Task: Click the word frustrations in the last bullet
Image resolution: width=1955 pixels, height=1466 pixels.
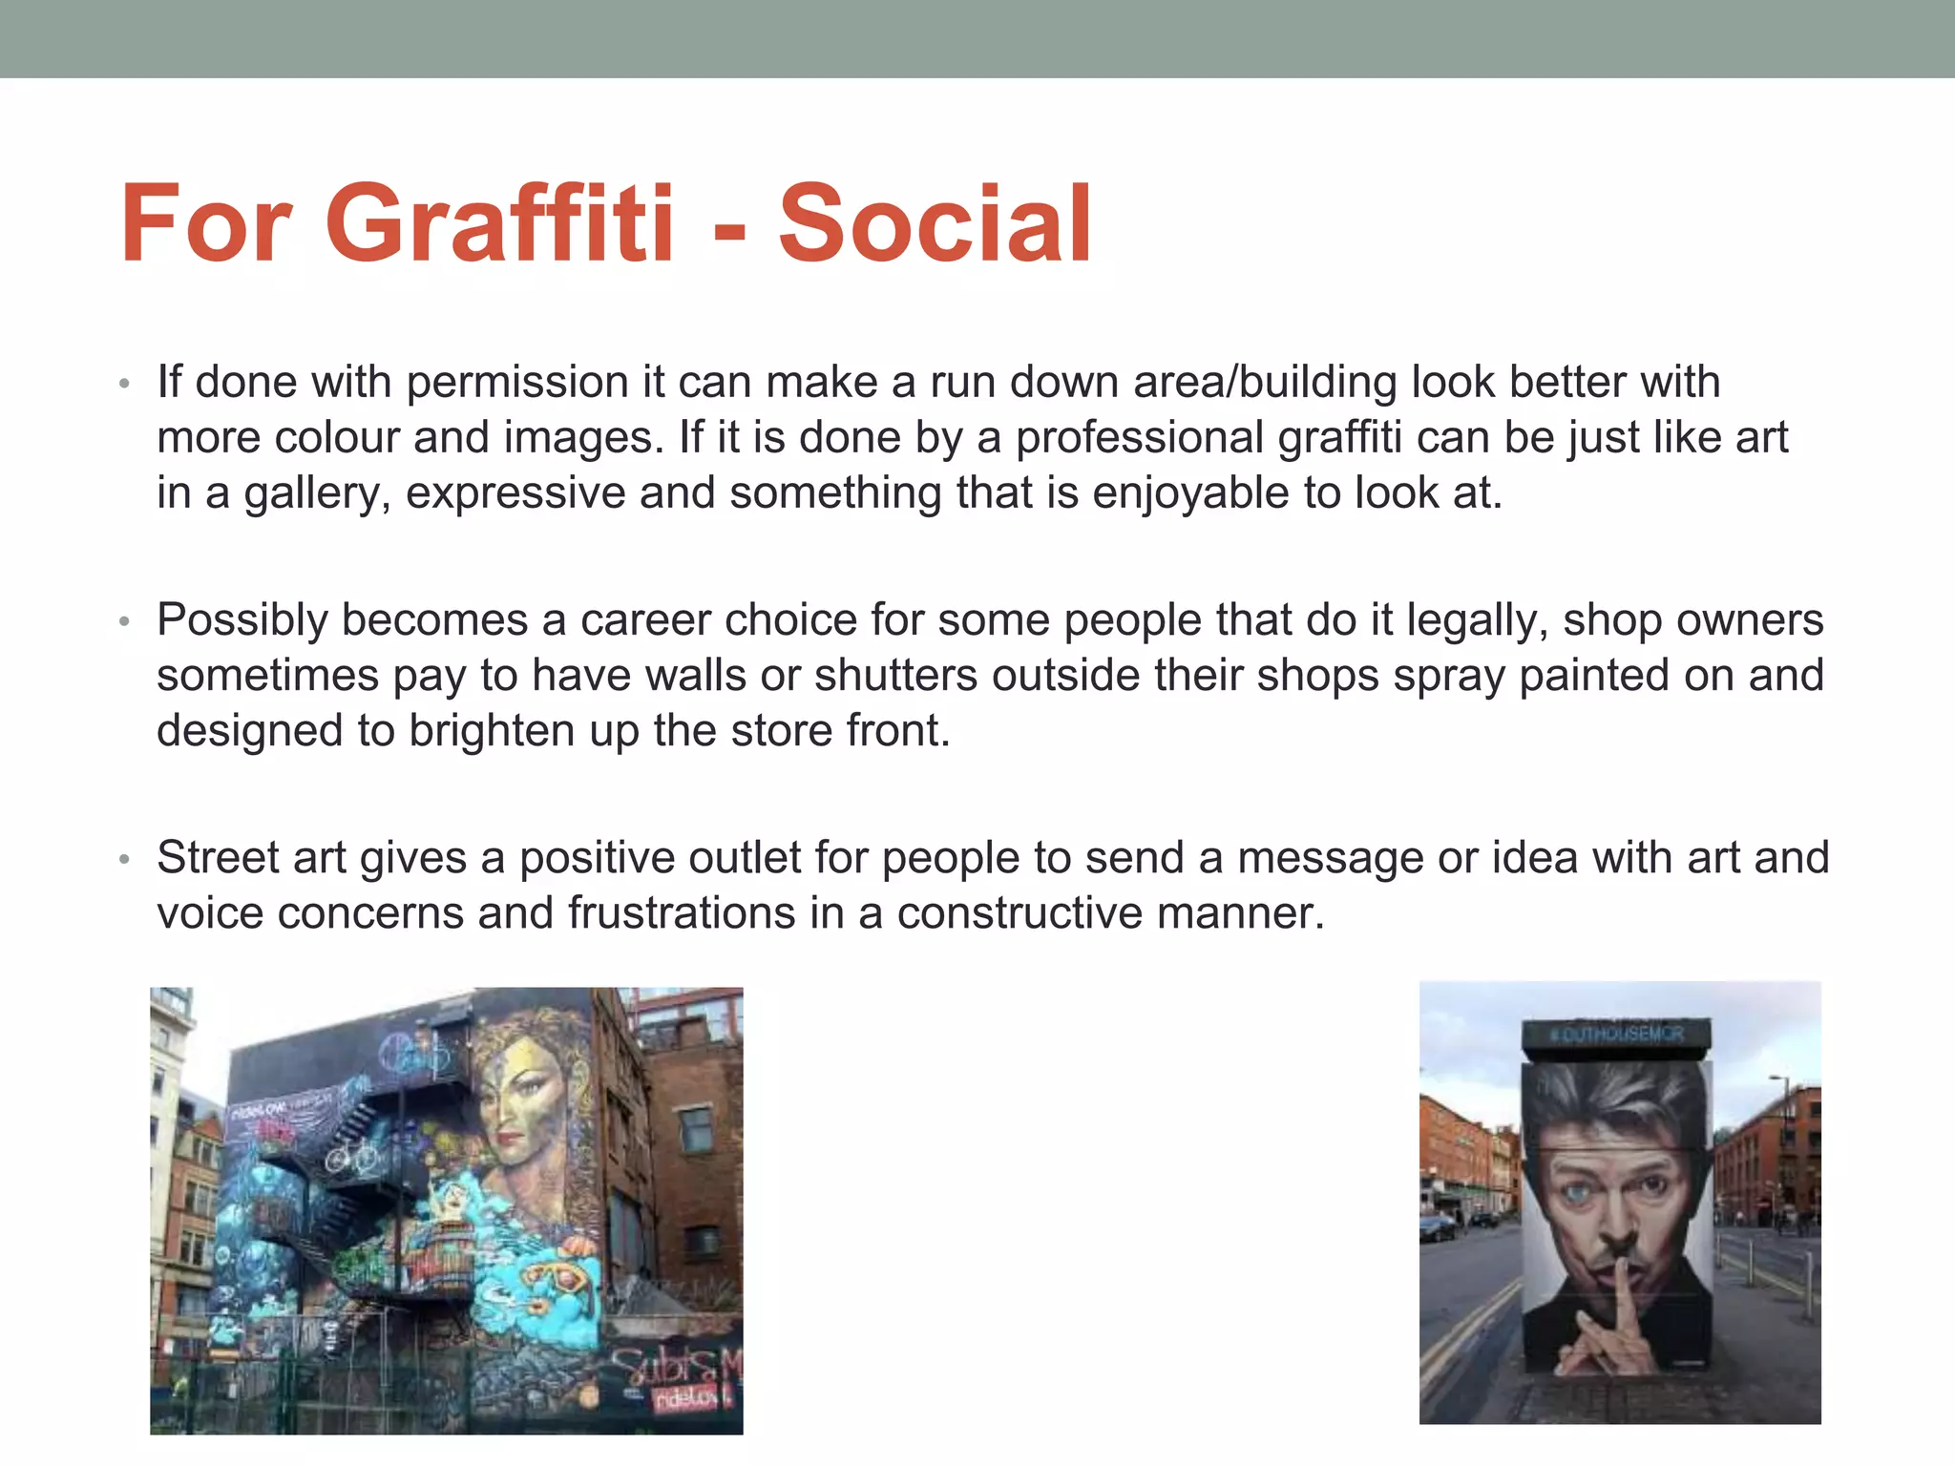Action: [x=682, y=912]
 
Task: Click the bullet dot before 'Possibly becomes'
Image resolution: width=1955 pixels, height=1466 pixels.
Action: [x=123, y=621]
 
